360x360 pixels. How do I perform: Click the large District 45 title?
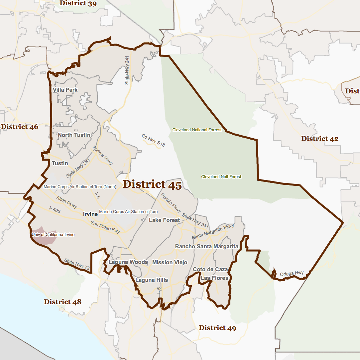(x=152, y=185)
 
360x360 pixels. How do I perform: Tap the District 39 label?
(x=78, y=3)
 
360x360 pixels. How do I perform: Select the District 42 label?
(x=320, y=139)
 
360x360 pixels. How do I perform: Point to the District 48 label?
(x=62, y=302)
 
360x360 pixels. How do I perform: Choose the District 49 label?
(x=217, y=328)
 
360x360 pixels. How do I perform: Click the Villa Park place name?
(x=65, y=90)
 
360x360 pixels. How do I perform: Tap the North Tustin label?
(x=74, y=135)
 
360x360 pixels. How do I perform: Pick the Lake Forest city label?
(x=164, y=220)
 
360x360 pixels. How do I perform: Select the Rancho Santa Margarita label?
(x=207, y=247)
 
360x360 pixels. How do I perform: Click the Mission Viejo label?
(x=170, y=263)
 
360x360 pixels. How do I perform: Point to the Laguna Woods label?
(x=128, y=262)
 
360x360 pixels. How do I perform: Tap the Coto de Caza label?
(x=210, y=269)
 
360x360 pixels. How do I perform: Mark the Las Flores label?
(x=214, y=278)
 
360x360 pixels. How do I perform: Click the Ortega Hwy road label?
(x=292, y=274)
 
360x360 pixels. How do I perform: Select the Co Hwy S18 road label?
(x=153, y=141)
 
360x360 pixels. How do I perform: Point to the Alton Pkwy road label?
(x=67, y=202)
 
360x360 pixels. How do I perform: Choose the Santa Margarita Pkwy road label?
(x=213, y=232)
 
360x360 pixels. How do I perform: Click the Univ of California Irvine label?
(x=53, y=235)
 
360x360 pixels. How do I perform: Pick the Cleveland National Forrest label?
(x=197, y=130)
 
